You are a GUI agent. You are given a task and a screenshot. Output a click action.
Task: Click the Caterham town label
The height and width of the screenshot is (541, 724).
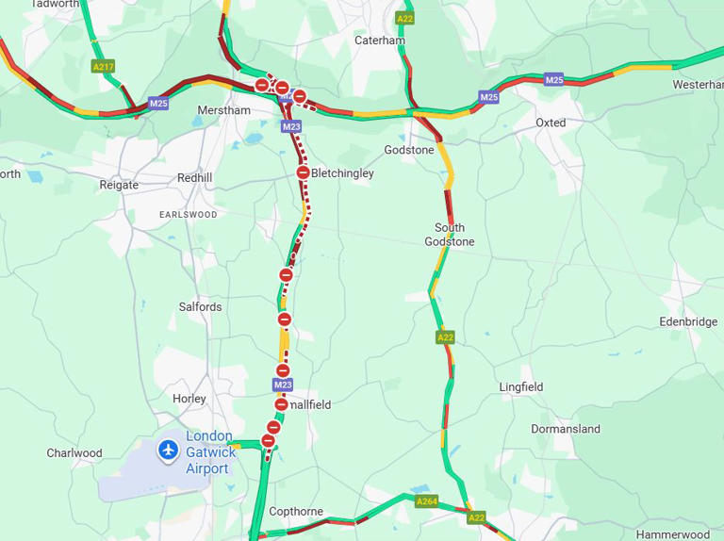pos(380,41)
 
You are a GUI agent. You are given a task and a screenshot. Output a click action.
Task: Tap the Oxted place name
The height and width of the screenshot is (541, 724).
pos(551,123)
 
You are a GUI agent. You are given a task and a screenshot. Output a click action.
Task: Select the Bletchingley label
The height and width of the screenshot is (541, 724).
pos(342,173)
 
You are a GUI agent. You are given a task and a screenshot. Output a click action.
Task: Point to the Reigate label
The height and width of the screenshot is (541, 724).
pos(119,185)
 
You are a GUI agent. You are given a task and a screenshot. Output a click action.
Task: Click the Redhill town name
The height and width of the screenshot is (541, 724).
pos(195,178)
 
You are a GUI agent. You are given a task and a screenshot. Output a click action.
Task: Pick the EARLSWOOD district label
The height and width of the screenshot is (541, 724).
pos(189,215)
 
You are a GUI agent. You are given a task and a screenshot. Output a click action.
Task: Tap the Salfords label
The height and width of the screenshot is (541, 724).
pos(201,307)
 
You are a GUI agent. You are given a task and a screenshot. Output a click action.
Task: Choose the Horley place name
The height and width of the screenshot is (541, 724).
pos(189,399)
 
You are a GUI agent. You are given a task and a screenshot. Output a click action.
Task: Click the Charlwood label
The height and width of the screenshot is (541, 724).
pos(74,453)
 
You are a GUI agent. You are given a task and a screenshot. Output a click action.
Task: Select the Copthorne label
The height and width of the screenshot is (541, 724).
pos(296,512)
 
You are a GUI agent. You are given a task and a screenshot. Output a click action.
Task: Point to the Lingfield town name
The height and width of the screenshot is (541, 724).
pos(521,387)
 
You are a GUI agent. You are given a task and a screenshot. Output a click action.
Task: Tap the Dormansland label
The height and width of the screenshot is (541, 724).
pos(566,429)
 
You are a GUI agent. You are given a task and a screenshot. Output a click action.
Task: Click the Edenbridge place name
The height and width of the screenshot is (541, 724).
pos(688,321)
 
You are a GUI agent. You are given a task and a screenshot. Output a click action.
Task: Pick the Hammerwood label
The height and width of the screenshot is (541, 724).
pos(673,534)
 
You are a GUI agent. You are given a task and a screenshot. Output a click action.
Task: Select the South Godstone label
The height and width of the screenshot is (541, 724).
pos(450,235)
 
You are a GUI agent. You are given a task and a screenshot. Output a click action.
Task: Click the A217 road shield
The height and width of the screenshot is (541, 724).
pos(103,67)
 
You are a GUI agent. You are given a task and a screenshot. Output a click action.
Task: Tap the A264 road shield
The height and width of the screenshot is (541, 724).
pos(426,501)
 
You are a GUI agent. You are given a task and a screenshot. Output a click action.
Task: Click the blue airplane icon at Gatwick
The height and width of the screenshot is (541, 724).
pos(169,450)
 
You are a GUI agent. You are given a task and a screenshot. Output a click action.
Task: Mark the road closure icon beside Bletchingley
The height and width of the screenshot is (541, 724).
pos(303,172)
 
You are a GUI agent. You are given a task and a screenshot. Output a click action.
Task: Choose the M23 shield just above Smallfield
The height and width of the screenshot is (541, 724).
pos(283,385)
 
